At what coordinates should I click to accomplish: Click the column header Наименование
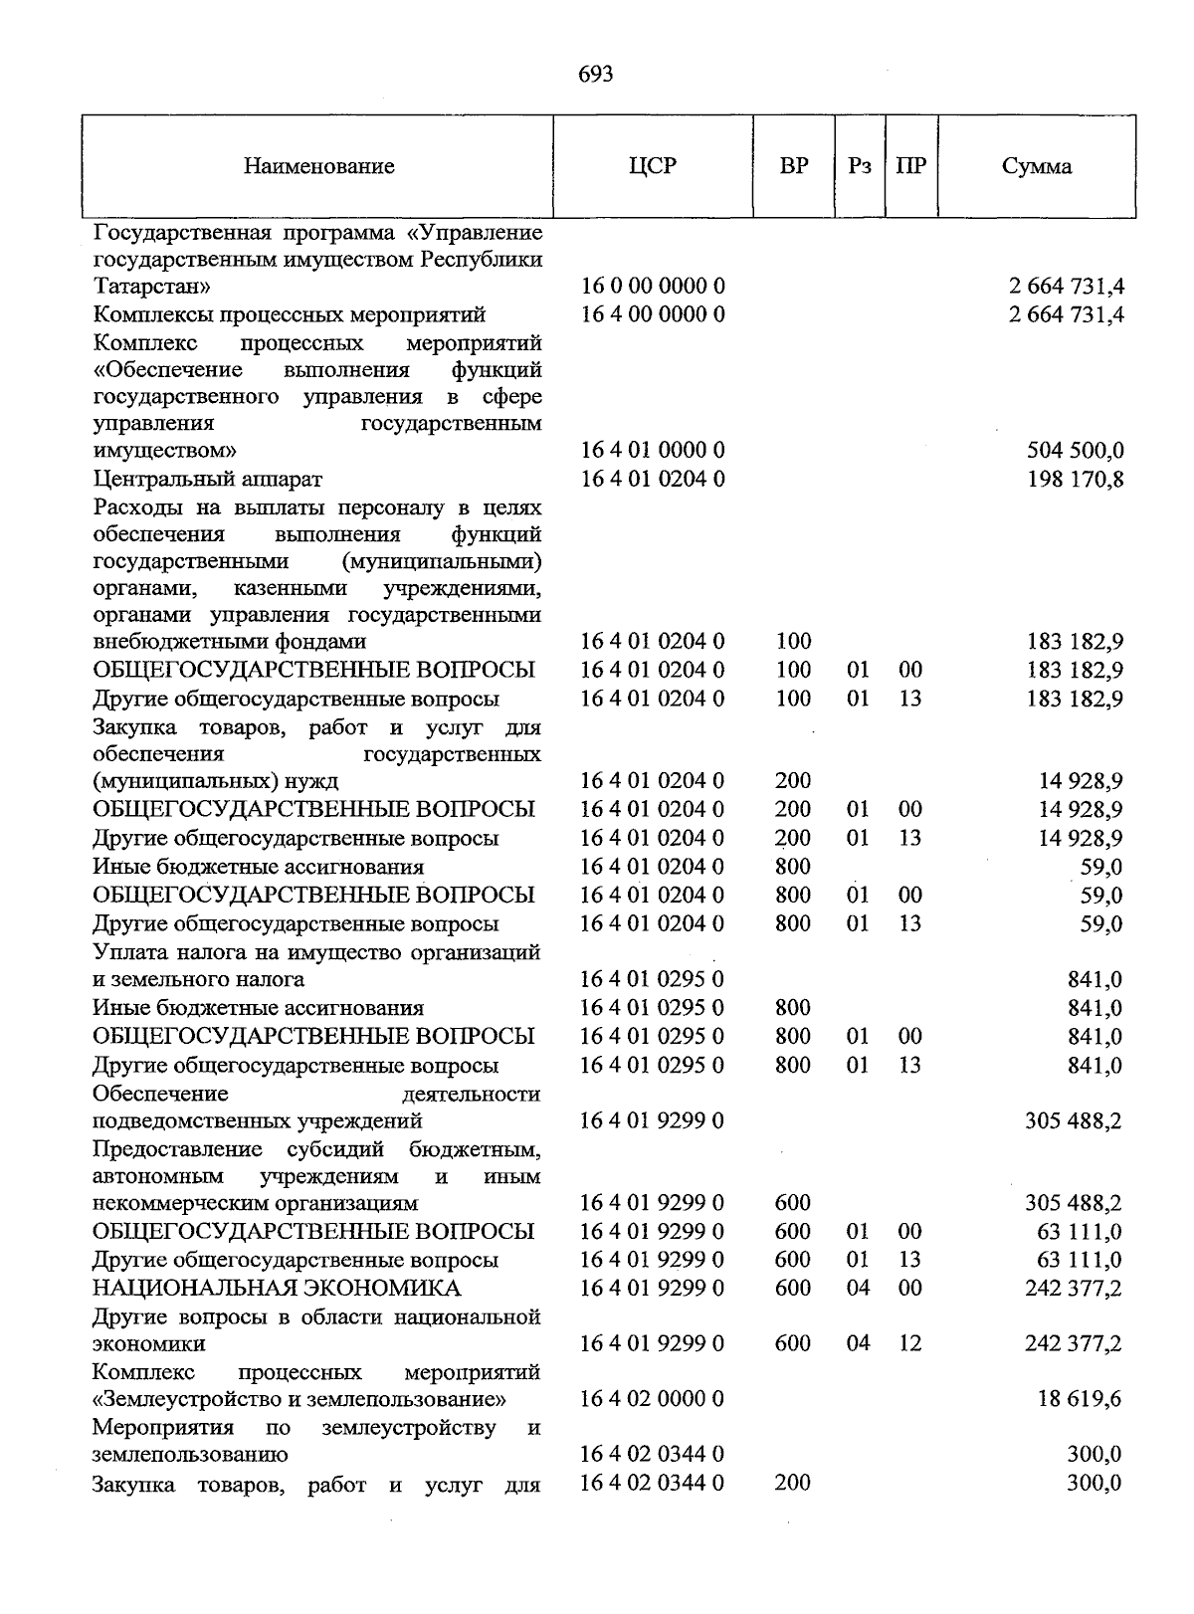tap(318, 166)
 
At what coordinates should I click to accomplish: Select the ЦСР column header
tap(653, 166)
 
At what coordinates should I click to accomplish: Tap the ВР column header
tap(793, 166)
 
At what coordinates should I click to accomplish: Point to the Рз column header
tap(860, 166)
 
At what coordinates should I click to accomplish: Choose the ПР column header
tap(910, 166)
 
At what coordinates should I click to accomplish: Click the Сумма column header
tap(1036, 166)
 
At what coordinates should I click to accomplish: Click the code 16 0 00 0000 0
tap(653, 287)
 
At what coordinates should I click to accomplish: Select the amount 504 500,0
tap(1075, 451)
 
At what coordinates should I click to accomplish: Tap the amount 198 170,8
tap(1075, 480)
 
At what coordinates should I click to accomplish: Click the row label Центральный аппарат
tap(207, 480)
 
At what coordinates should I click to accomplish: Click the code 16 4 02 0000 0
tap(653, 1399)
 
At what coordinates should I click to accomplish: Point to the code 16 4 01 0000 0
tap(653, 451)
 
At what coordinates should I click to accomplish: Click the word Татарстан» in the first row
tap(151, 287)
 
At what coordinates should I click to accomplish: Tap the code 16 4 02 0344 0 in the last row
tap(653, 1483)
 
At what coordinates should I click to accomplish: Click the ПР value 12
tap(909, 1343)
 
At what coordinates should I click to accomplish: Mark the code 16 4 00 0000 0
tap(653, 314)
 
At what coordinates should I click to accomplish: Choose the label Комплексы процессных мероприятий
tap(290, 314)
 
